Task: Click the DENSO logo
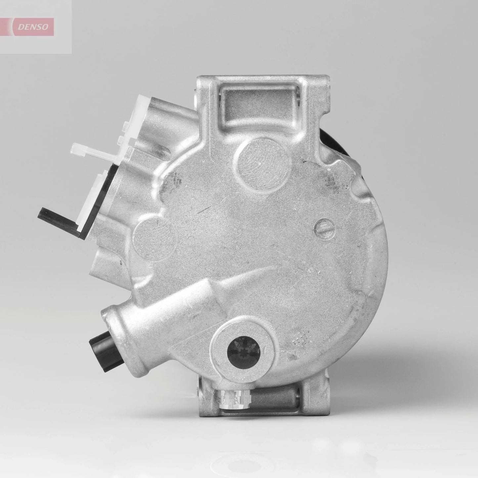[32, 27]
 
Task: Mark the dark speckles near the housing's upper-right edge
[331, 182]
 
